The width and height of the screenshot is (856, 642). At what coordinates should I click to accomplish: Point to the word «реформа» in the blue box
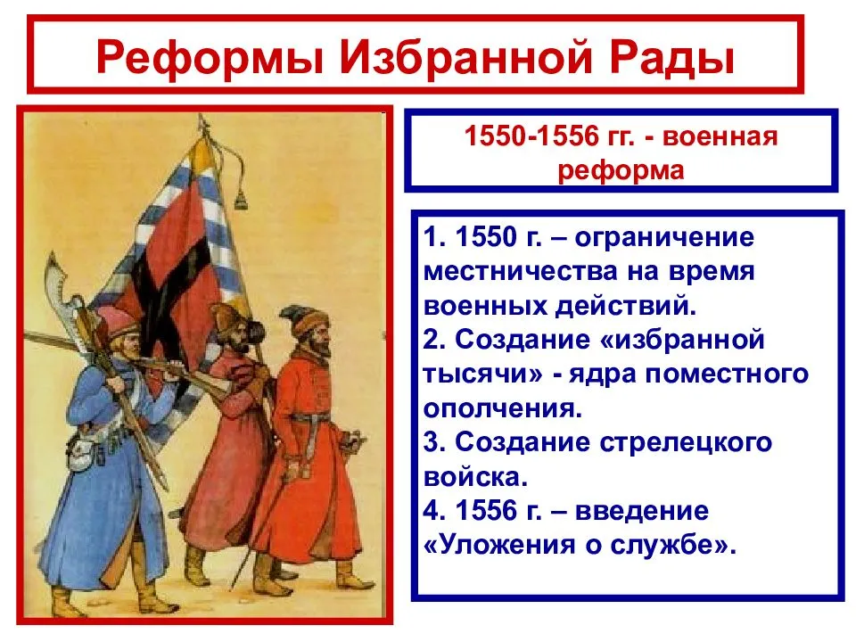(621, 169)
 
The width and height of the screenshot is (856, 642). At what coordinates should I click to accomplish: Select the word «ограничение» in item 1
(664, 239)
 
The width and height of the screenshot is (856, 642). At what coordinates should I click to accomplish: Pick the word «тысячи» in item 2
(477, 374)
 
